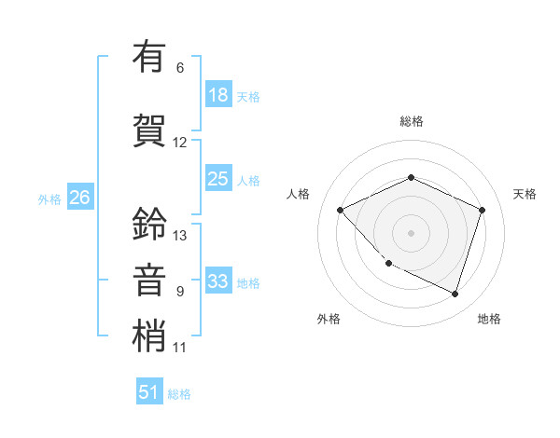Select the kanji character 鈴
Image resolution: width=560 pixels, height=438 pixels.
[x=149, y=224]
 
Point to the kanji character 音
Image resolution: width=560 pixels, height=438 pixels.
[x=149, y=281]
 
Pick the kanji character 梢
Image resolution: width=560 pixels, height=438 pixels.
[x=149, y=336]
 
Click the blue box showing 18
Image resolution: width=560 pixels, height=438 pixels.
[x=218, y=95]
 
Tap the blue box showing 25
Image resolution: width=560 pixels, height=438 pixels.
[x=218, y=179]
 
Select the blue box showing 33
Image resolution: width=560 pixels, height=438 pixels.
[x=218, y=281]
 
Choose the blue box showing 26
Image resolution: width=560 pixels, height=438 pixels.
[x=79, y=198]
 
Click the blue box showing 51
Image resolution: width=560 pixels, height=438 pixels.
[x=149, y=392]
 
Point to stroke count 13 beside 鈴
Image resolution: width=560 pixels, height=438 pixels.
[x=180, y=236]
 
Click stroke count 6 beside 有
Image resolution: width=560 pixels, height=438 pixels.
[x=180, y=68]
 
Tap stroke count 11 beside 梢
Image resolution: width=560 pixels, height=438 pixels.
[x=180, y=348]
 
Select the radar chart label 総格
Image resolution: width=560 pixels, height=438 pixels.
[x=411, y=121]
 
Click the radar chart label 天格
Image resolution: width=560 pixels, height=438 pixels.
[x=525, y=194]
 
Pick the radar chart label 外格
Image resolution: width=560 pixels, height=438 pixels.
[x=329, y=319]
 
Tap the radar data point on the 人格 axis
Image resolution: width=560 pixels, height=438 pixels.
[x=341, y=210]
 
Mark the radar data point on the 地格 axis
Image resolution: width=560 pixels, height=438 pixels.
[x=455, y=294]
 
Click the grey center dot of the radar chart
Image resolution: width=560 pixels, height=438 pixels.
[x=411, y=232]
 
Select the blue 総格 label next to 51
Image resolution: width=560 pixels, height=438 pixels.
[x=179, y=394]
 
